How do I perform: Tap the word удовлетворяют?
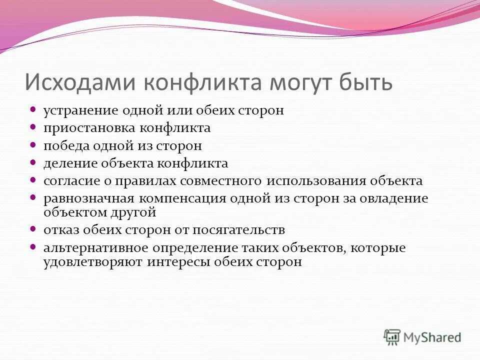93,261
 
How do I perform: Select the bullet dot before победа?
33,145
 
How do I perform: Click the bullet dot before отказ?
33,230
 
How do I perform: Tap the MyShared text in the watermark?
433,337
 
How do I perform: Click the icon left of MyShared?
392,336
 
